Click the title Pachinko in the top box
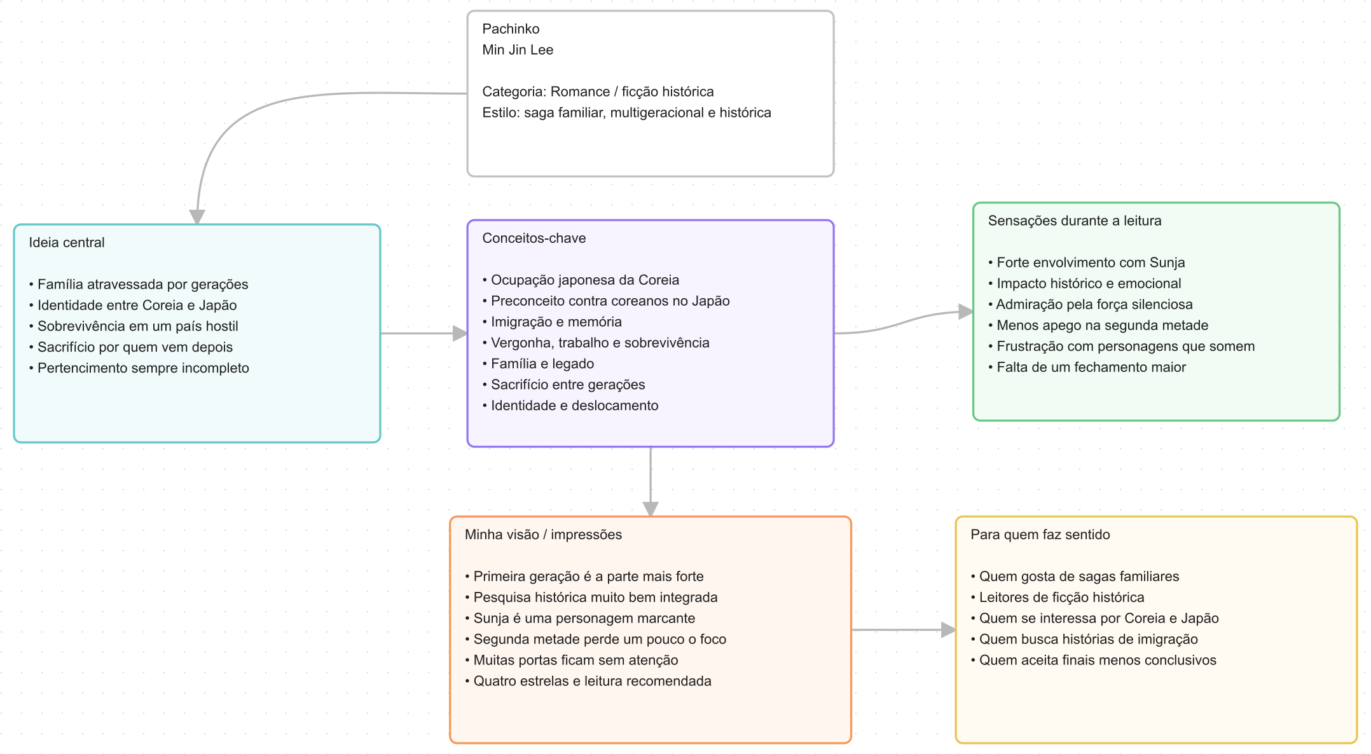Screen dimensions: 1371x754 click(x=511, y=29)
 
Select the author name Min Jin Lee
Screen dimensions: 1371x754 click(x=518, y=50)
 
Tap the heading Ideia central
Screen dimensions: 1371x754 click(x=67, y=242)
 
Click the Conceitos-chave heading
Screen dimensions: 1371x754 click(x=534, y=238)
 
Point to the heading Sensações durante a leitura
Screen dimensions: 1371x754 click(x=1075, y=221)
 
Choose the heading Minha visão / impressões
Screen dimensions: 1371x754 click(x=543, y=535)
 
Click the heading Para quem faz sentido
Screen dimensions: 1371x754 click(x=1040, y=535)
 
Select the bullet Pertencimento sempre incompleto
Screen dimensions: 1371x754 click(x=139, y=368)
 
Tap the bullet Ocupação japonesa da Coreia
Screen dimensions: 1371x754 click(x=581, y=280)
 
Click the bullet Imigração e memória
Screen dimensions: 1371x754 click(x=552, y=322)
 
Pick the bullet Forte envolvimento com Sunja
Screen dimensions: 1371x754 click(x=1086, y=263)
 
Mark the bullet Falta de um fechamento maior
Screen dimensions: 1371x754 click(x=1087, y=367)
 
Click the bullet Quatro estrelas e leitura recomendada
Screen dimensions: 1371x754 click(x=588, y=681)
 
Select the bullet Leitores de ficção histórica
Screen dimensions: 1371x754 click(x=1058, y=597)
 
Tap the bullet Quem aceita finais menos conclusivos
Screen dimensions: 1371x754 click(x=1093, y=660)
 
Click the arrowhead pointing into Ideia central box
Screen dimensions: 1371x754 click(x=197, y=216)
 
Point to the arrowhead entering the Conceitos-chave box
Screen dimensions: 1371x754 click(x=460, y=333)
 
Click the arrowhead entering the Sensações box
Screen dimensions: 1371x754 click(x=966, y=312)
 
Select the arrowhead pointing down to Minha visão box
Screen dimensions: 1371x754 click(x=651, y=509)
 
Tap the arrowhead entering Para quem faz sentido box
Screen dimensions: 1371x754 click(x=948, y=629)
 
